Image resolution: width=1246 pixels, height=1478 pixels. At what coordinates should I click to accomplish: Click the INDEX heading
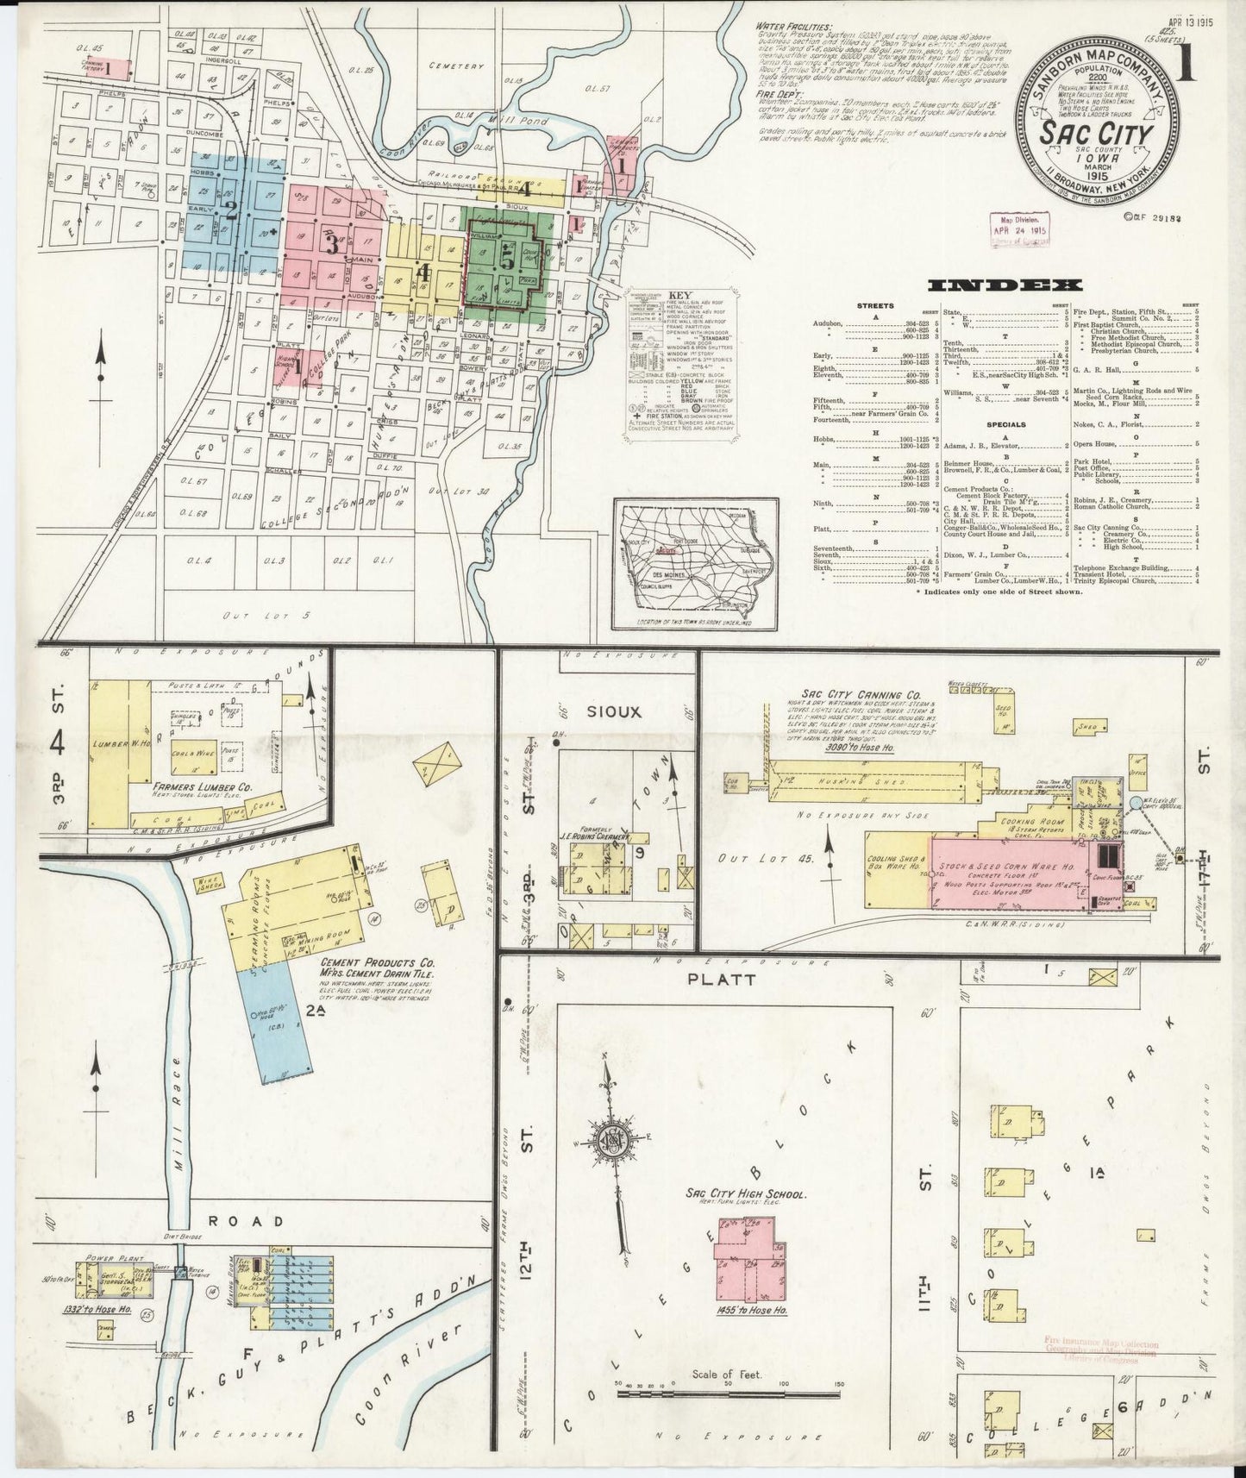click(x=1005, y=285)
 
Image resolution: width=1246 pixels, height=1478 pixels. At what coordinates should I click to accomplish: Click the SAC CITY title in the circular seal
click(x=1095, y=135)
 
